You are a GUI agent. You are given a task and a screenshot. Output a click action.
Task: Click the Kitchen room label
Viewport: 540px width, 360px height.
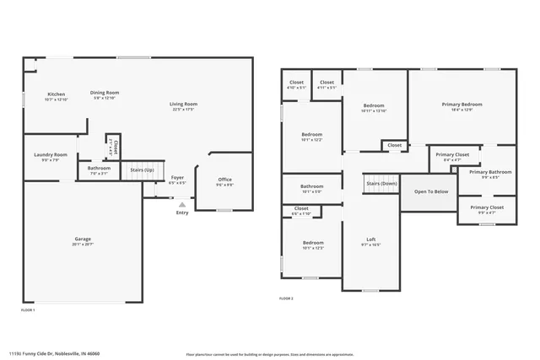point(56,94)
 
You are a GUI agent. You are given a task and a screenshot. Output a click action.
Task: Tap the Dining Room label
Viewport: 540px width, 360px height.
point(105,93)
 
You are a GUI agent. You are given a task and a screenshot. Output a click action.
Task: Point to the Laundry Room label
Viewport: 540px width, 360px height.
point(50,155)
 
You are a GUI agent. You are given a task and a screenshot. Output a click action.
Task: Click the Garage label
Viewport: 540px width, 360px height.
point(82,239)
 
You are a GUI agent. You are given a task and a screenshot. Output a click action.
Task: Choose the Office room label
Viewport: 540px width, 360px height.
point(224,179)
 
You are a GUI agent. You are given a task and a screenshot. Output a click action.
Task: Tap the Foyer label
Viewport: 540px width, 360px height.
point(177,178)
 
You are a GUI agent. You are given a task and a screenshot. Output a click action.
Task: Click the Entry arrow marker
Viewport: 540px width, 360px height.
point(181,203)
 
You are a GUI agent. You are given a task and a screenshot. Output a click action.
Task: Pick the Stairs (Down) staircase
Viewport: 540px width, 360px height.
point(381,184)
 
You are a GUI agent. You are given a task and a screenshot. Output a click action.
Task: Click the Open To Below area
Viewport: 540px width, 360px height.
point(430,191)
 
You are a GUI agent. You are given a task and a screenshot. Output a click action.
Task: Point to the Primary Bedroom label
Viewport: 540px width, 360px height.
point(462,105)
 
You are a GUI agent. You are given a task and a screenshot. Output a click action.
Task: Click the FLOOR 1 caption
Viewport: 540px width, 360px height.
point(28,311)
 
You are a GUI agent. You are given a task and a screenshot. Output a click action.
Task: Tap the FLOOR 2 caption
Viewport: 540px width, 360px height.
point(286,298)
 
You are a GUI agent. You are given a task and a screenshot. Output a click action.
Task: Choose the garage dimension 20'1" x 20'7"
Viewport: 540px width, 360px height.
point(82,244)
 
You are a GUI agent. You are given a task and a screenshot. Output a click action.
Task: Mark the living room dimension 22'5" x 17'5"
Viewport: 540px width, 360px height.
point(183,110)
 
